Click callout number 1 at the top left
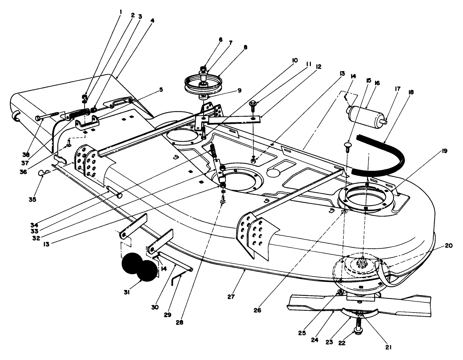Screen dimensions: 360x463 (121, 11)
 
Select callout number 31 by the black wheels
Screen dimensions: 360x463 (127, 292)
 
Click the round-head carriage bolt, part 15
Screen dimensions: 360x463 (347, 145)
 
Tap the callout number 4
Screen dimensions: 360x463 (152, 20)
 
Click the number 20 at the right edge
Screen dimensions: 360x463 (448, 246)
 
